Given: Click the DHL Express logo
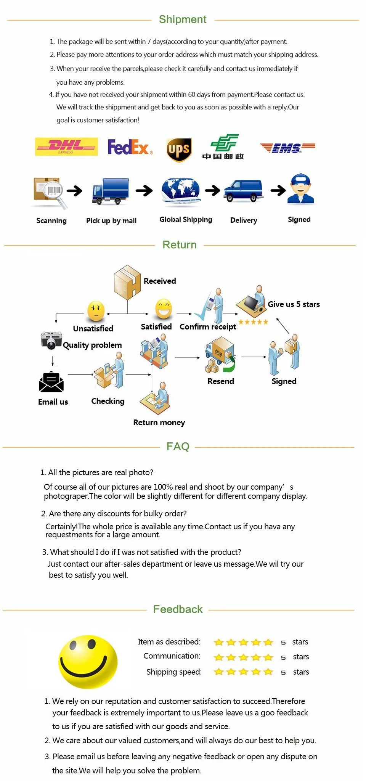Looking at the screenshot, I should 66,146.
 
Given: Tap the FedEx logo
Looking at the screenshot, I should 130,147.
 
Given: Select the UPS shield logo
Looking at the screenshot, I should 179,149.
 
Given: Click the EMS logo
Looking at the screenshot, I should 287,148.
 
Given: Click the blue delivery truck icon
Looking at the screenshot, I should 110,191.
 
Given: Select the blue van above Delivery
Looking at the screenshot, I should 244,190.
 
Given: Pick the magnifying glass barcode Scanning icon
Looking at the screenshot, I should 50,192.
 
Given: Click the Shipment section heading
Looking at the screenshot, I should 183,19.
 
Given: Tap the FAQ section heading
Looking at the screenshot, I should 178,446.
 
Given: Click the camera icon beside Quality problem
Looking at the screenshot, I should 51,340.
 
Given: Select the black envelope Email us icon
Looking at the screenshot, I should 51,382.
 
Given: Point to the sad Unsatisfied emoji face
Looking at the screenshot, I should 96,311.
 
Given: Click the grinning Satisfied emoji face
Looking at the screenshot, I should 164,309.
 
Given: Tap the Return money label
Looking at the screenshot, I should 159,423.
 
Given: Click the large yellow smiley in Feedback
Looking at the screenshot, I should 88,662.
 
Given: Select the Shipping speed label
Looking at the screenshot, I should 174,672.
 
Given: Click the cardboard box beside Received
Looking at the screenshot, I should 127,282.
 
